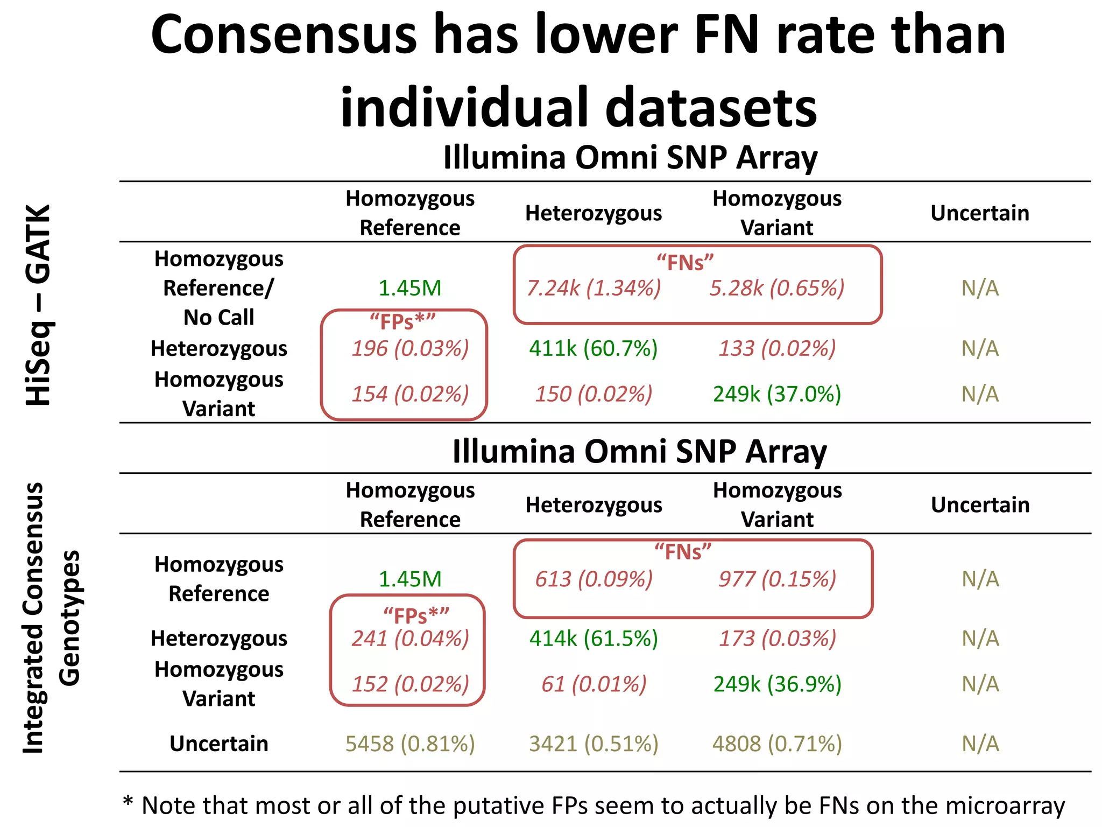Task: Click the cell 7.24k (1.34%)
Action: click(x=594, y=289)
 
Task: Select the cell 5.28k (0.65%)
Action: click(x=777, y=289)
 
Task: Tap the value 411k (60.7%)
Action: click(x=594, y=349)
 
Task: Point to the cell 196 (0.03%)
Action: click(x=410, y=349)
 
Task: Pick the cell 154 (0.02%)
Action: click(x=410, y=394)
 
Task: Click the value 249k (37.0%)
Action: click(x=777, y=394)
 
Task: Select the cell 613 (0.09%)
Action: click(x=594, y=579)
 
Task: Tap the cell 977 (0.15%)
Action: click(x=777, y=579)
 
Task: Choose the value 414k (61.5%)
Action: click(x=594, y=639)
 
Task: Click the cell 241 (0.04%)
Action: click(x=410, y=639)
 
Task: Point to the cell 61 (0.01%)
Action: click(x=594, y=684)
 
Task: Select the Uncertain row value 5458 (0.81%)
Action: click(x=410, y=744)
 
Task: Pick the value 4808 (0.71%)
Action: click(x=777, y=744)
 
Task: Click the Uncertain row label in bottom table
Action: click(x=218, y=744)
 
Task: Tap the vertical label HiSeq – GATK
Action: click(x=39, y=305)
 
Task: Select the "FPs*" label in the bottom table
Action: click(x=415, y=615)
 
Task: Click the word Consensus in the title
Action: click(x=284, y=35)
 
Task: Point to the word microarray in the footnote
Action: click(x=1005, y=806)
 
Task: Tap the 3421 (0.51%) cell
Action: click(x=594, y=744)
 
